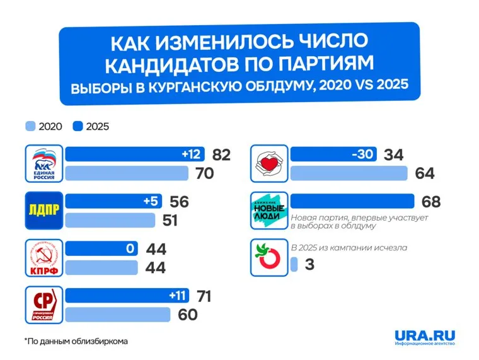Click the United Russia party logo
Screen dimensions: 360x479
(43, 163)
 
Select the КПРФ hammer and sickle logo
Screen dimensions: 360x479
(43, 258)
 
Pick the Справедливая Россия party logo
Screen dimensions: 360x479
(43, 305)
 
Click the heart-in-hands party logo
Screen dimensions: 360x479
(269, 163)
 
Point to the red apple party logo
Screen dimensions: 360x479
(269, 257)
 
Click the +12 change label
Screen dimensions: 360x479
(190, 154)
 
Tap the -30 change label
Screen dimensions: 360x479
(362, 154)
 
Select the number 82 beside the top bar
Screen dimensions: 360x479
(222, 154)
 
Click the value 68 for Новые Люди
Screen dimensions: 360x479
(430, 202)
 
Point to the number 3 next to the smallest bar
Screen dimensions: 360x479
(309, 265)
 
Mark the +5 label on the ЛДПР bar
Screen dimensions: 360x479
(151, 202)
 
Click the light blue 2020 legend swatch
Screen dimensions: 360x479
(30, 126)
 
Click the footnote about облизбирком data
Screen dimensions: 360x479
(76, 341)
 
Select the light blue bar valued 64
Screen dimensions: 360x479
(353, 173)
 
